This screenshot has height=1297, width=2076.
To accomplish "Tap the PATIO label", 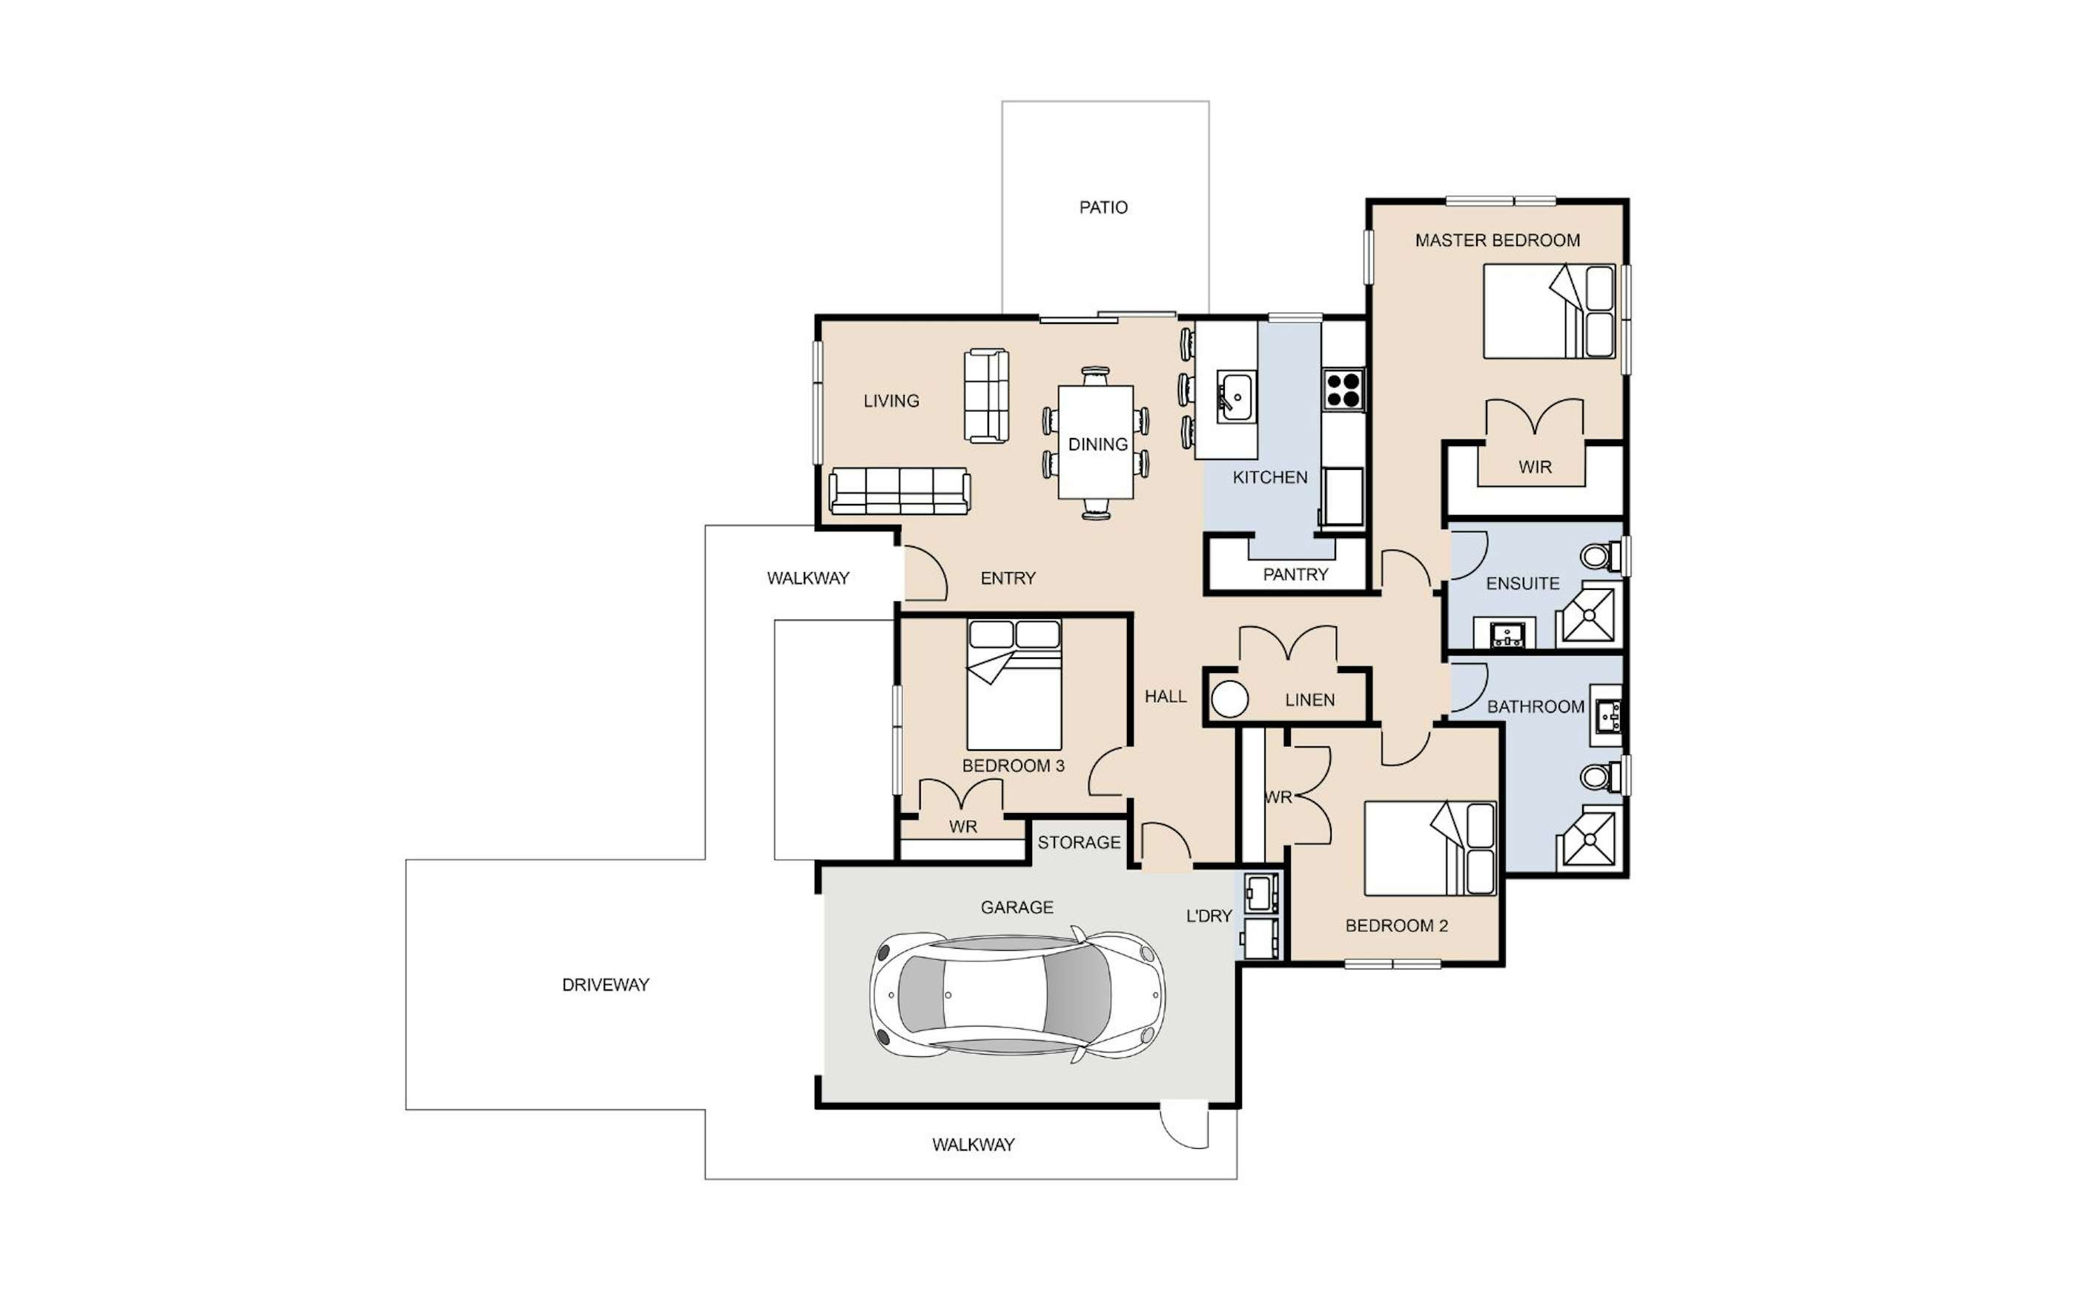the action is click(x=1103, y=207).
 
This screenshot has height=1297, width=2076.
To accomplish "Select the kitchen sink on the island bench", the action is click(x=1236, y=397).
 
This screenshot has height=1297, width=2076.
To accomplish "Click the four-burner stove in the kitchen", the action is click(x=1343, y=388).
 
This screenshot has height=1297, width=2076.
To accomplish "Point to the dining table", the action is click(x=1096, y=442).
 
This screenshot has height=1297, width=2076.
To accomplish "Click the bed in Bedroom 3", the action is click(x=1014, y=685).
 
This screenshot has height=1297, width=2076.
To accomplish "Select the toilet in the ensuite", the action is click(x=1601, y=556).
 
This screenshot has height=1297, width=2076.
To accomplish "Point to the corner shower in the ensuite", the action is click(x=1589, y=614).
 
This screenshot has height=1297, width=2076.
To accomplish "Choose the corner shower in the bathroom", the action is click(x=1589, y=837).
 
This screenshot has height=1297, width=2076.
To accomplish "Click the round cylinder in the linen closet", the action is click(x=1229, y=699).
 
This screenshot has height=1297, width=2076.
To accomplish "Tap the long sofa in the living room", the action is click(x=900, y=491).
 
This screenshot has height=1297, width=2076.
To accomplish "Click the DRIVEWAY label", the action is click(x=606, y=985).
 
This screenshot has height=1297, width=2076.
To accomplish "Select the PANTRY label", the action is click(x=1295, y=574).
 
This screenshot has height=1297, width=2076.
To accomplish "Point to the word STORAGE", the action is click(x=1080, y=843).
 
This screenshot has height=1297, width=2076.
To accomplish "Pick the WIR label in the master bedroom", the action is click(x=1535, y=467).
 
